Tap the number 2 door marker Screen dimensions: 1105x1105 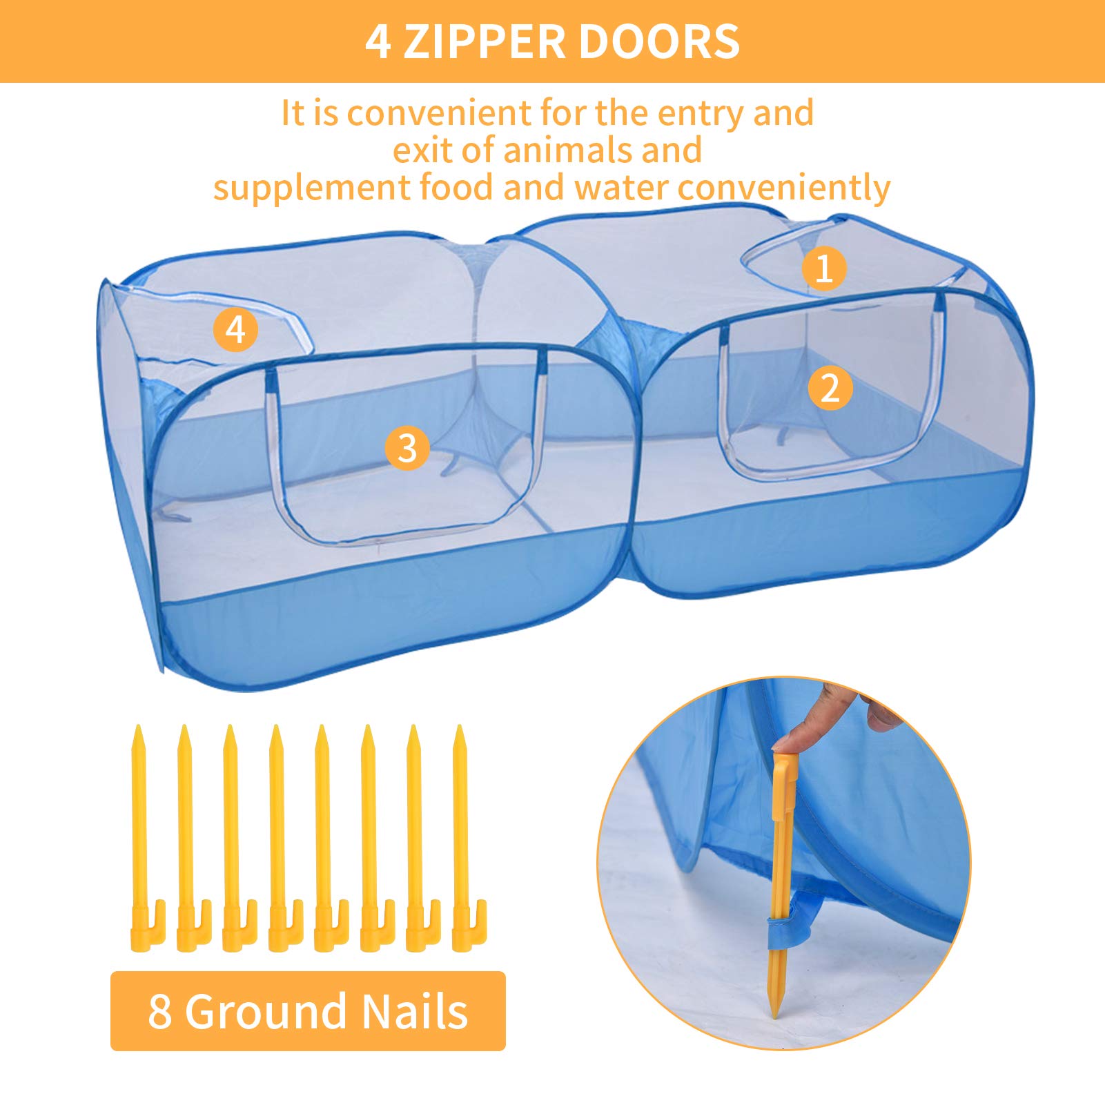click(x=830, y=388)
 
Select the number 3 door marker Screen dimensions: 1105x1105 click(x=407, y=448)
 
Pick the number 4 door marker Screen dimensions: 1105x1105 click(x=235, y=329)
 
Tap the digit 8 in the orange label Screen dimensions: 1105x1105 click(x=159, y=1012)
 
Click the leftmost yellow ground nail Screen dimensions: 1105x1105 click(x=146, y=838)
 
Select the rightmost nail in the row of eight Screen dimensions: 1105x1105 click(x=468, y=838)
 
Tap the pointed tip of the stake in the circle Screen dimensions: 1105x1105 click(x=775, y=1015)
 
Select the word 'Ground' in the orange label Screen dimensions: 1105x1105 click(x=266, y=1011)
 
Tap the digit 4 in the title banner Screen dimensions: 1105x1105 click(x=378, y=42)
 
